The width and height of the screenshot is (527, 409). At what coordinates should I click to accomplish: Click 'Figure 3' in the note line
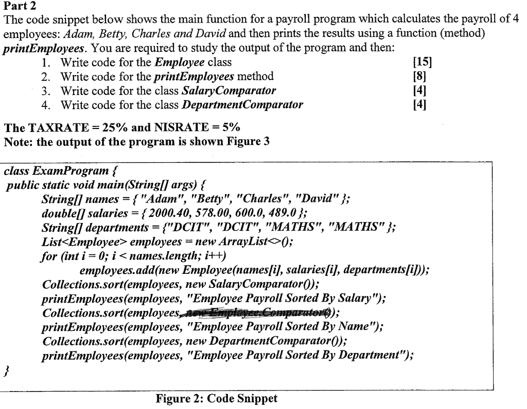pos(250,141)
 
